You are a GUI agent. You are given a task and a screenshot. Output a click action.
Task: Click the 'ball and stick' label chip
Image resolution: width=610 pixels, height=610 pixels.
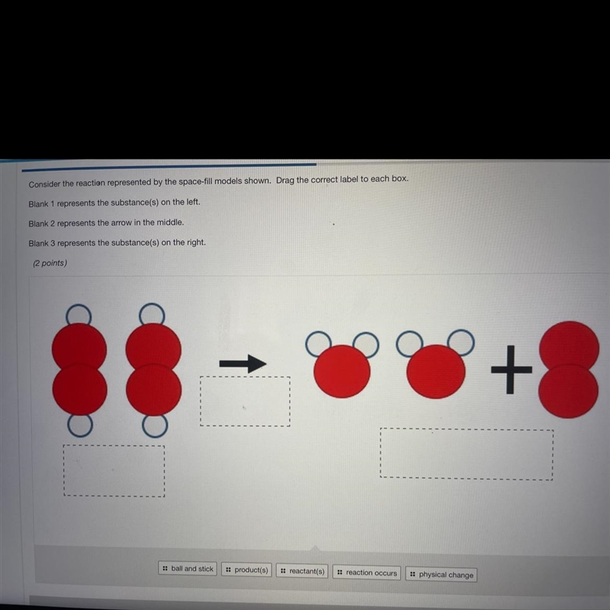point(188,568)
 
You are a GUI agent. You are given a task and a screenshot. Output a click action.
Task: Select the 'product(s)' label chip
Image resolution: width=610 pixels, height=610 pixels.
point(246,570)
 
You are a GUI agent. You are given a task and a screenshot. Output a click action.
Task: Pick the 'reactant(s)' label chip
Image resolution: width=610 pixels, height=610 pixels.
point(302,571)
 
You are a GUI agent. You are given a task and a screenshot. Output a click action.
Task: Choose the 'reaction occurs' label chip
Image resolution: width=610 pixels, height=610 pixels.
point(367,573)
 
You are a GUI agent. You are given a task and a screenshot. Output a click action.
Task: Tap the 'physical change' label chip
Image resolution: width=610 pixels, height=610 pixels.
point(441,574)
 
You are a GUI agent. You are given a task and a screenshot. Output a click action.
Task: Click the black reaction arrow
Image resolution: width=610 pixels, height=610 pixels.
point(242,364)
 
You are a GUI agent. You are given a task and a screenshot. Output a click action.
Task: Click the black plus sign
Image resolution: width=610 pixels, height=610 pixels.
point(511,370)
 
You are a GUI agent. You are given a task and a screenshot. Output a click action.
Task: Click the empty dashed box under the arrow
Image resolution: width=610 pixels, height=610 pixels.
point(245,401)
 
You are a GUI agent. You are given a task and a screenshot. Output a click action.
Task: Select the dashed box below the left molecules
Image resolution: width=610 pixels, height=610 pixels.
point(114,471)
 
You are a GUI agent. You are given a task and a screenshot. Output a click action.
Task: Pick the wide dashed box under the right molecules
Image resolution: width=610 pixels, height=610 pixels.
point(467,454)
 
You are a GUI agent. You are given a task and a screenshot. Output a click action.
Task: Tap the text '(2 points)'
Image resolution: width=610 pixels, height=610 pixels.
point(50,263)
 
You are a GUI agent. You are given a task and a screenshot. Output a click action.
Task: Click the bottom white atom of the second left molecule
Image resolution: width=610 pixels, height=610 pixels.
point(155,425)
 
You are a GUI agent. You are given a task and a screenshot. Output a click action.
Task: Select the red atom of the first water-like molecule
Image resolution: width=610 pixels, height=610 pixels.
point(342,371)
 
